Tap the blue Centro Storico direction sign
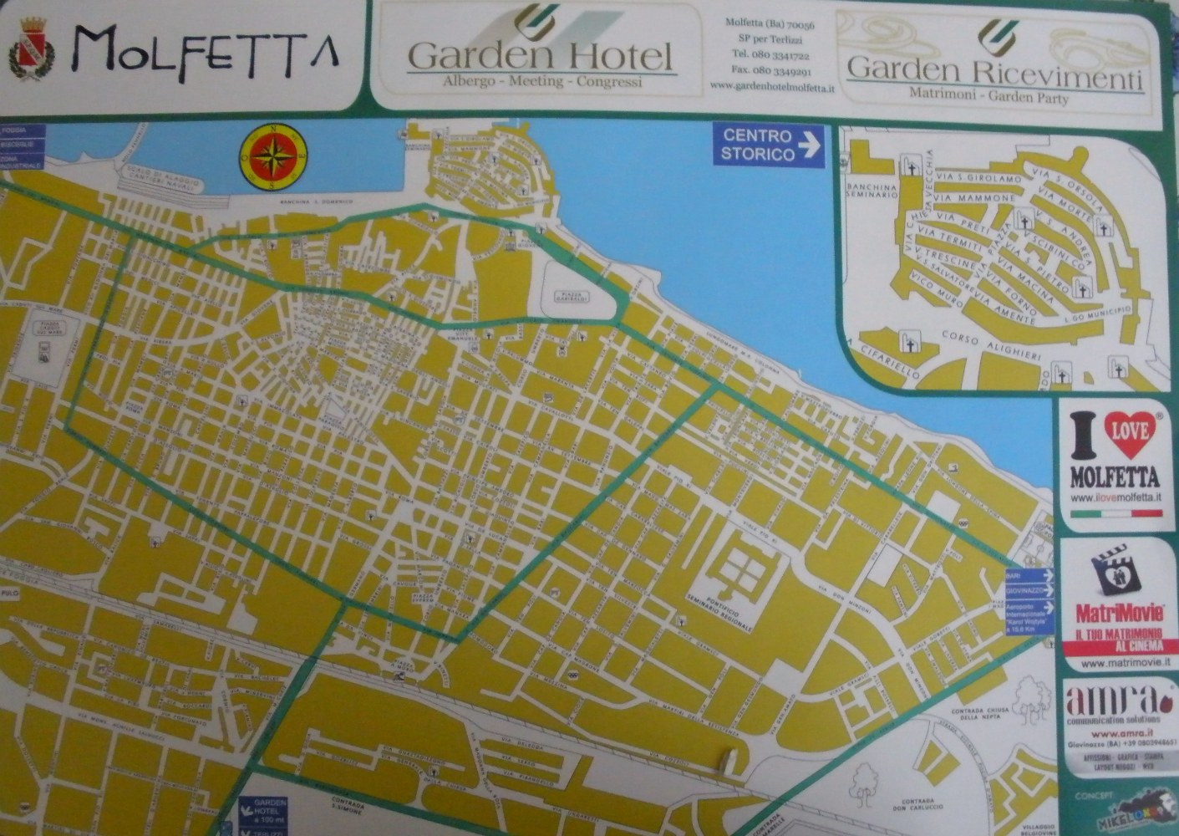[x=769, y=145]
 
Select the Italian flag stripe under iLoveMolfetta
[x=1116, y=515]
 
